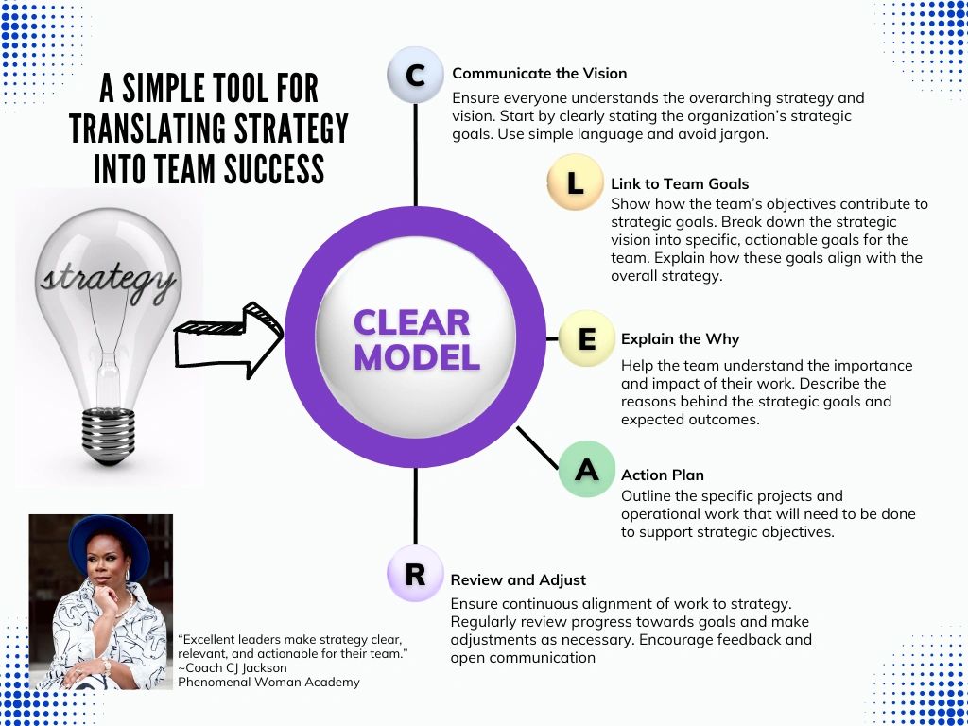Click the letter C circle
pos(415,75)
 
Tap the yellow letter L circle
pos(575,182)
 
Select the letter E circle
pos(586,338)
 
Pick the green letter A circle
pos(586,469)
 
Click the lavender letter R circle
pos(415,574)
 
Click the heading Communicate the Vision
pos(539,73)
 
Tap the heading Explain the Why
pos(680,338)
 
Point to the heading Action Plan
pos(662,475)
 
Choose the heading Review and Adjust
pos(518,579)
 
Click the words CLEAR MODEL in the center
pos(416,340)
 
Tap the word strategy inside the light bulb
pos(106,278)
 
